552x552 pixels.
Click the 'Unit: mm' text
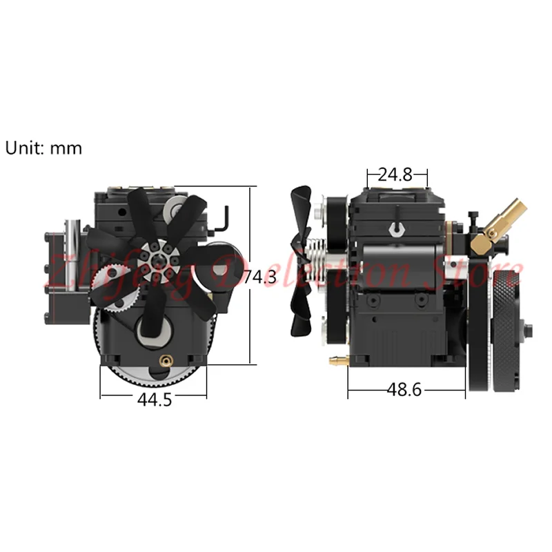pyautogui.click(x=44, y=148)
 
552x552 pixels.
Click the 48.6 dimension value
pyautogui.click(x=404, y=391)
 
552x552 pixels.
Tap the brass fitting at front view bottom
pyautogui.click(x=166, y=359)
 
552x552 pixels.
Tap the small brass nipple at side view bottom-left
pyautogui.click(x=336, y=359)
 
